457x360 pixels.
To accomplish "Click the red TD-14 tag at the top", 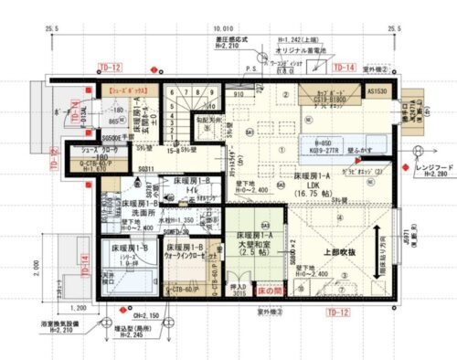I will (344, 68).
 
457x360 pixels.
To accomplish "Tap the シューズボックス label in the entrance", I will (130, 92).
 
